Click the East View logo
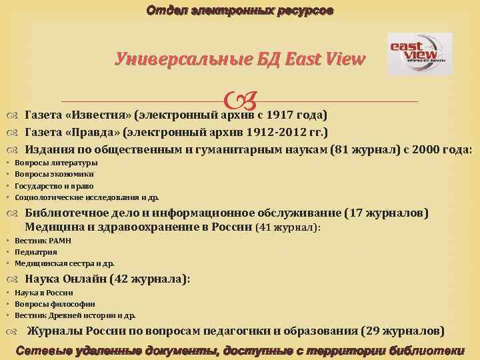point(419,54)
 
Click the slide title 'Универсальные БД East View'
point(240,60)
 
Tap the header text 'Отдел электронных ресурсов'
point(240,11)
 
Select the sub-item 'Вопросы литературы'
point(56,163)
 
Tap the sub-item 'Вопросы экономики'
point(54,174)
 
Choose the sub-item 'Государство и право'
point(54,186)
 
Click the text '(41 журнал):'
point(289,227)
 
